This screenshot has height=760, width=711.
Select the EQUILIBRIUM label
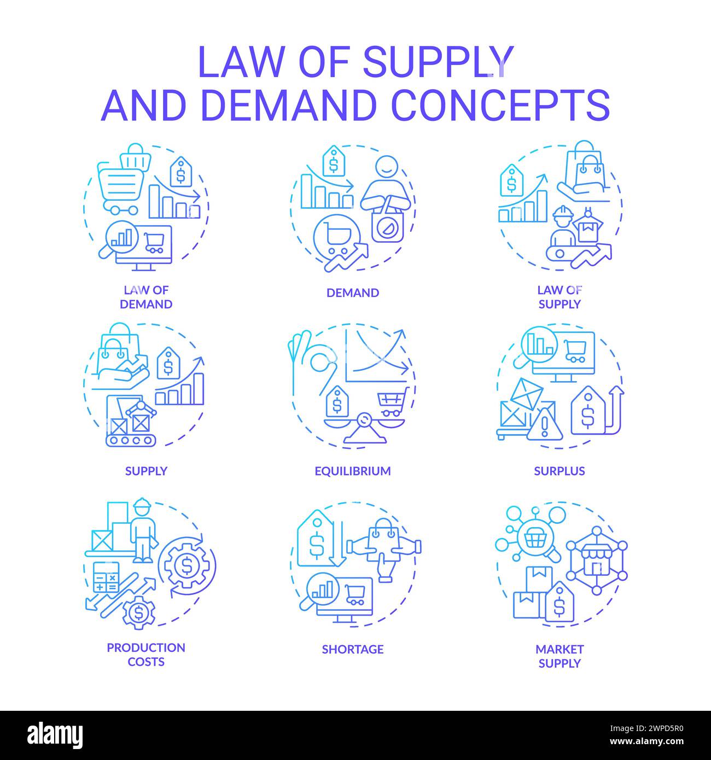click(x=353, y=471)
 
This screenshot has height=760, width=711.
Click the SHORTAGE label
click(x=353, y=649)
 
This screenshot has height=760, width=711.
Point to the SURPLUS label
click(x=560, y=471)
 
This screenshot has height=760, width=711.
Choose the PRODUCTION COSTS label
click(x=146, y=654)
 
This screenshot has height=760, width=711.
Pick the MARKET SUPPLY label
click(x=560, y=656)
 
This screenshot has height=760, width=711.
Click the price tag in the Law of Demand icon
click(x=181, y=172)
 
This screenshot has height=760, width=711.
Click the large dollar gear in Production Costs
click(x=184, y=564)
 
